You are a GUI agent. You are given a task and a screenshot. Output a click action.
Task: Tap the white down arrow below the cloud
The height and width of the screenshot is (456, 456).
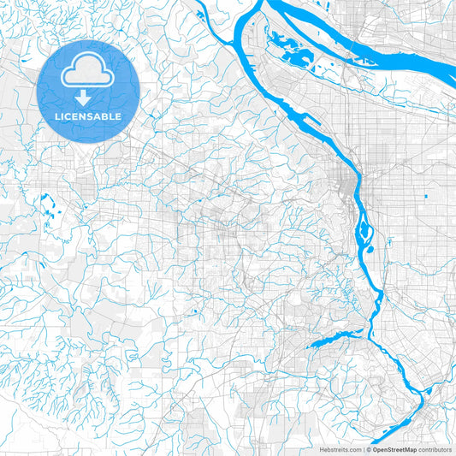(83, 98)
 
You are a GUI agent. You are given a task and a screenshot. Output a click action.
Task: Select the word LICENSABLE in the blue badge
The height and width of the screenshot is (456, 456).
(89, 115)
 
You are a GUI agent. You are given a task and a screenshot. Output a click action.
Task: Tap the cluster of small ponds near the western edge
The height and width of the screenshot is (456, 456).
(44, 204)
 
